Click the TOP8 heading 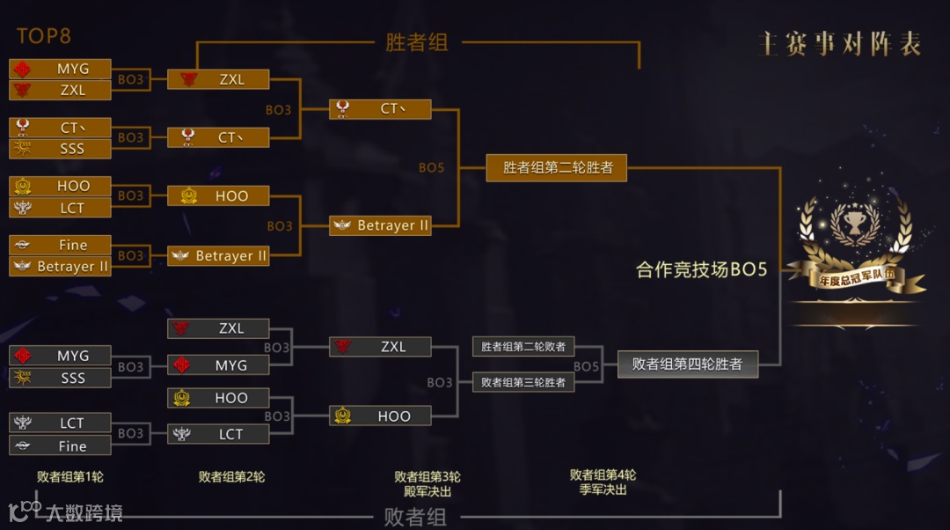click(43, 36)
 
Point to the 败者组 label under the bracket click(415, 517)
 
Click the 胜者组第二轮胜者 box click(557, 167)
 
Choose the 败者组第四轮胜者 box click(687, 364)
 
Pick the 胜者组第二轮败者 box click(523, 347)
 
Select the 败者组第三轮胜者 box click(523, 382)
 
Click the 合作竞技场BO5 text click(701, 270)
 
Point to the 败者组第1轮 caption click(70, 476)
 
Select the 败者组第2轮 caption click(231, 476)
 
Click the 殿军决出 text click(427, 490)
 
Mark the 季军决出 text click(603, 489)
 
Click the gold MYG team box click(61, 69)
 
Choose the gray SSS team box click(61, 378)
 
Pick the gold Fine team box click(61, 245)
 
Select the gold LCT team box click(61, 208)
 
